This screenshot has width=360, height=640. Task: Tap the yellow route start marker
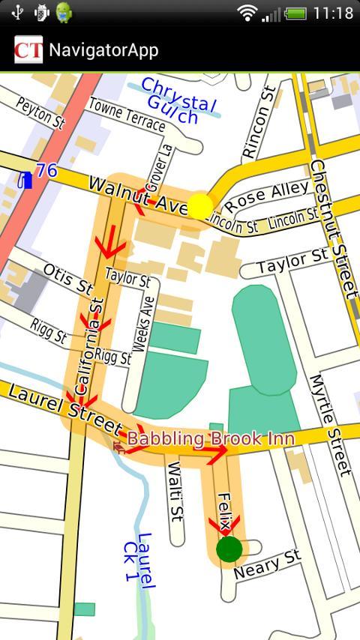[x=200, y=205]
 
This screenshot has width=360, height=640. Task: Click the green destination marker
[x=229, y=549]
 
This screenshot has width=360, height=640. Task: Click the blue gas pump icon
[x=26, y=179]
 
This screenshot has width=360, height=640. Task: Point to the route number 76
[x=46, y=171]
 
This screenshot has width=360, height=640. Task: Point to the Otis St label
[x=67, y=278]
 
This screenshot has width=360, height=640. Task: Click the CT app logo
[x=28, y=50]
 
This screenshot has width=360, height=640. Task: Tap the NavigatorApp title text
[x=103, y=50]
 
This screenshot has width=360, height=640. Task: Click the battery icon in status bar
[x=295, y=13]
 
